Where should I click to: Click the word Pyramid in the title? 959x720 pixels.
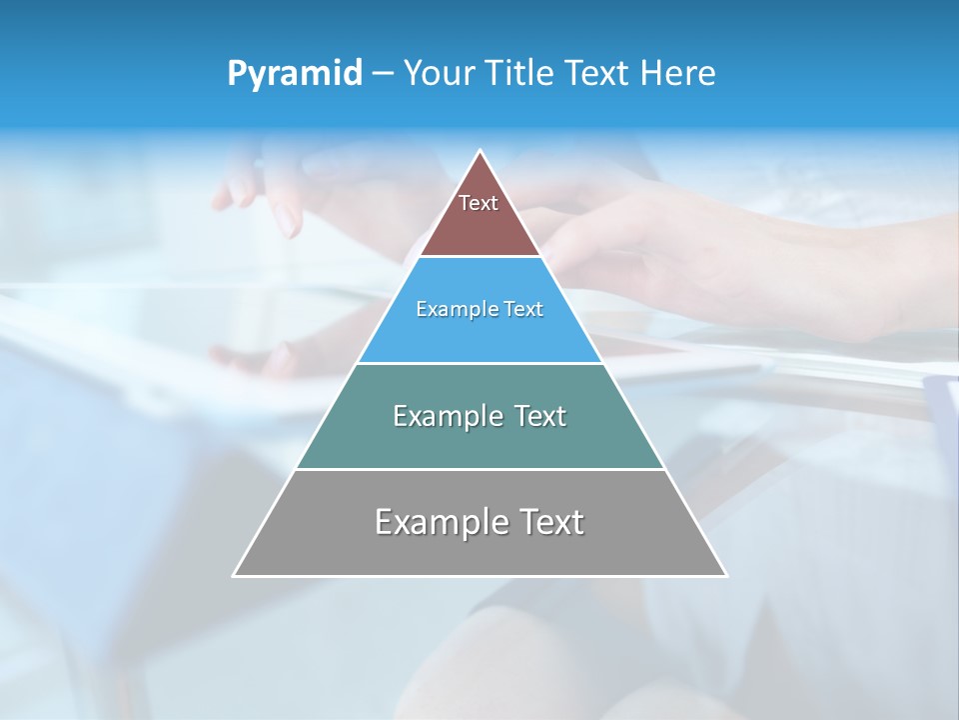click(x=295, y=74)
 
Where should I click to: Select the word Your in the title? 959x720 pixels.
click(x=438, y=73)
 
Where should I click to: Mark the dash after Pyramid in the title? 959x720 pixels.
click(x=383, y=74)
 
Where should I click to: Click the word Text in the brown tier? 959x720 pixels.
click(x=479, y=203)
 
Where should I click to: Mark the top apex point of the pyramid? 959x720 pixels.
click(x=480, y=151)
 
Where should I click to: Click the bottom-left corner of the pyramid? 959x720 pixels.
click(x=234, y=575)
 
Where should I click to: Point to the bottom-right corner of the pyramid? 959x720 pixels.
click(x=726, y=575)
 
